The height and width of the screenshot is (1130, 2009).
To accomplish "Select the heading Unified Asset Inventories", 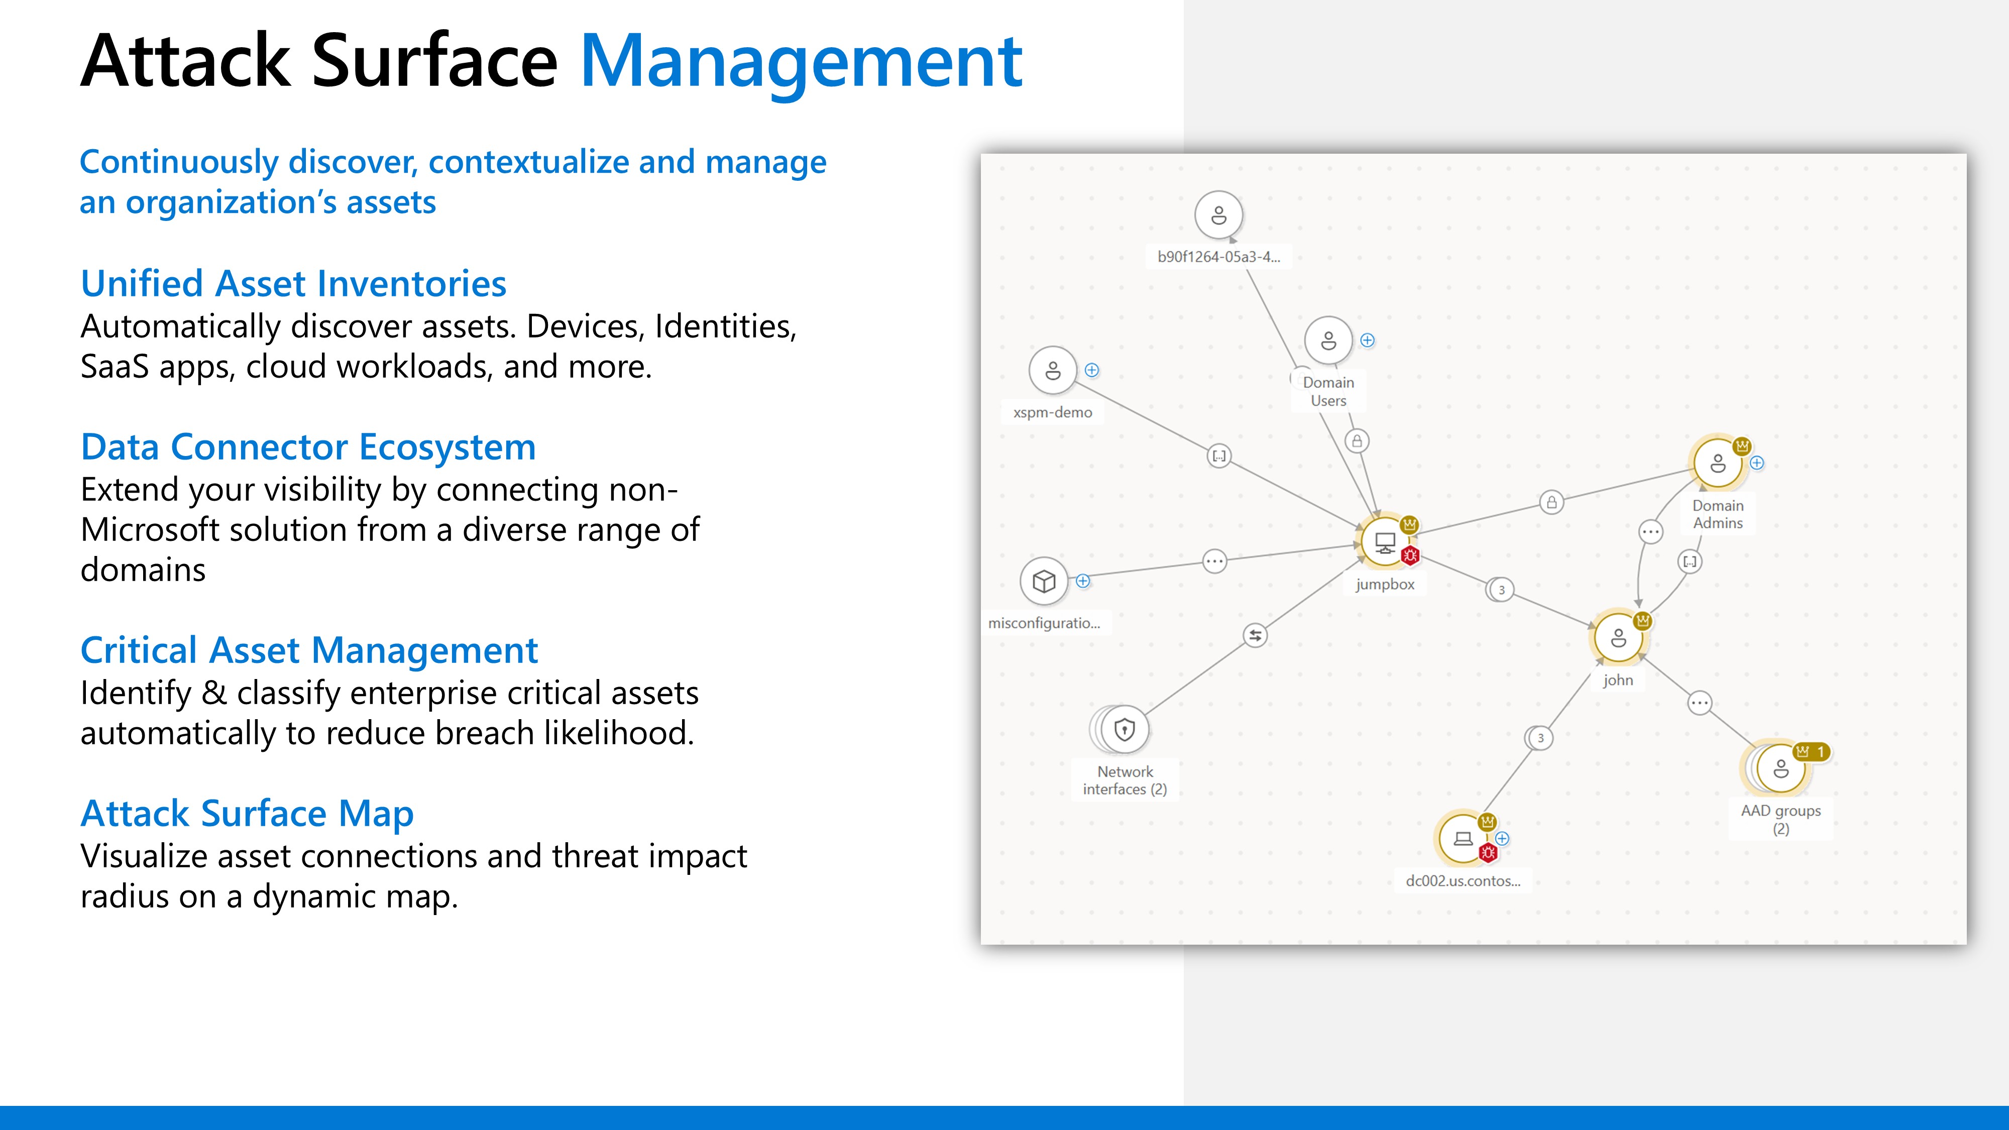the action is coord(293,283).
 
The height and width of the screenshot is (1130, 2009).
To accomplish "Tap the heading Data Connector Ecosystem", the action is coord(308,447).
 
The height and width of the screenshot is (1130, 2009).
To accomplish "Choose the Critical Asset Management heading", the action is coord(309,650).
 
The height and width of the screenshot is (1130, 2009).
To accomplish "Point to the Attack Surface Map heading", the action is coord(247,814).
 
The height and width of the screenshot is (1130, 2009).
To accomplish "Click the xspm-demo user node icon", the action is coord(1053,371).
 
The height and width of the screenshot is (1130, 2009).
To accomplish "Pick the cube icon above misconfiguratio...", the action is coord(1044,581).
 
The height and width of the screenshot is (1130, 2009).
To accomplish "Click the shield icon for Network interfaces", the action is coord(1124,730).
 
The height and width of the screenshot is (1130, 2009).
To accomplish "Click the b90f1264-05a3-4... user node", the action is coord(1218,214).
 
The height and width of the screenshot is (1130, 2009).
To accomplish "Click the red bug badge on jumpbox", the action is coord(1410,556).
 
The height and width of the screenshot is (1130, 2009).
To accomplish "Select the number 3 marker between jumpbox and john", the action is coord(1501,590).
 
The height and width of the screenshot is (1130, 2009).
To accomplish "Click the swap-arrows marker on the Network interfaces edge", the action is coord(1255,636).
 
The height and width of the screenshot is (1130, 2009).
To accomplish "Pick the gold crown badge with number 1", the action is coord(1811,752).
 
